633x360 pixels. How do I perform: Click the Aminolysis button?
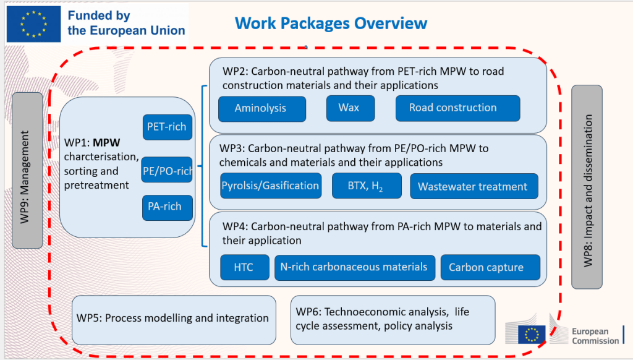click(x=262, y=109)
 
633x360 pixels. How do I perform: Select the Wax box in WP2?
click(x=350, y=108)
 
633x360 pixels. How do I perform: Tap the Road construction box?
click(x=458, y=108)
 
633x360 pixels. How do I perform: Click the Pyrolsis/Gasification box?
click(x=271, y=186)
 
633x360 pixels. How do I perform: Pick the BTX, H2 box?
click(x=367, y=186)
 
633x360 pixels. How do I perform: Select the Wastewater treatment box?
click(x=474, y=186)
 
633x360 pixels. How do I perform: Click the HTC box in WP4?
click(x=245, y=267)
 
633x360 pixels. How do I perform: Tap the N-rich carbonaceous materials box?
click(x=355, y=267)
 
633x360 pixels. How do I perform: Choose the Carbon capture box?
click(x=490, y=267)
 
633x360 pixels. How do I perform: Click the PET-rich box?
click(x=167, y=127)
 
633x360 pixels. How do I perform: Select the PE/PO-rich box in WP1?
click(x=167, y=169)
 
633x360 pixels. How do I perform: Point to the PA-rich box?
click(x=167, y=208)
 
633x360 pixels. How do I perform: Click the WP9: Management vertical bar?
click(x=27, y=170)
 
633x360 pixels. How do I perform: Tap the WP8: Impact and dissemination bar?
click(x=587, y=187)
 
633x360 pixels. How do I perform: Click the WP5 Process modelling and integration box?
click(x=174, y=320)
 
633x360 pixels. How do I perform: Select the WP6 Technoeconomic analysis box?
click(x=393, y=320)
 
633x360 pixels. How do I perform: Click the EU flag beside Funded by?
click(x=33, y=24)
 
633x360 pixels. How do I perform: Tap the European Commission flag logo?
click(x=532, y=335)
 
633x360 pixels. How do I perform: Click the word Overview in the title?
click(x=391, y=24)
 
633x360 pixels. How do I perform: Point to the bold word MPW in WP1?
click(x=106, y=143)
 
